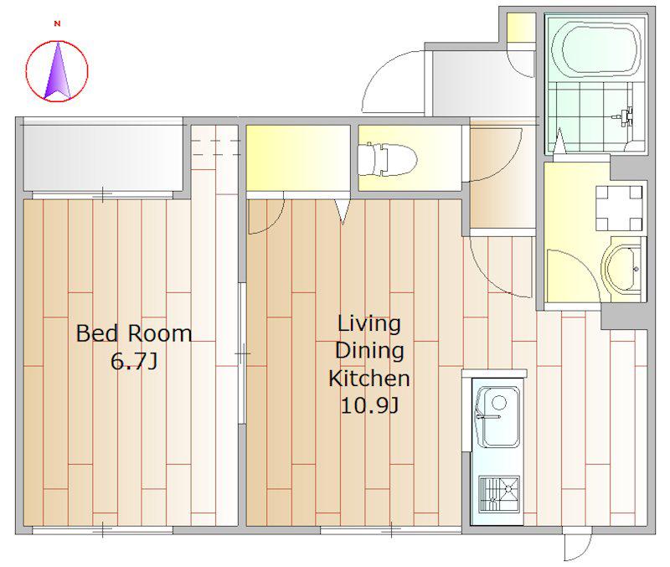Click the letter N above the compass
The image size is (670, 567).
(57, 24)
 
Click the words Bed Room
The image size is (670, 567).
(134, 333)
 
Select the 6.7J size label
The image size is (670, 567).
(134, 361)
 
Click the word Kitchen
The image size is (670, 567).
(369, 379)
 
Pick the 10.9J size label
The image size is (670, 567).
(369, 405)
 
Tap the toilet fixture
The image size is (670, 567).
(387, 160)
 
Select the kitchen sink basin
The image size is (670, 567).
(498, 416)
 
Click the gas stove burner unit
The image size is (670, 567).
(499, 494)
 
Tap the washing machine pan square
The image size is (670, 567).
(619, 208)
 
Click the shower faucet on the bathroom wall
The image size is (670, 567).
(624, 116)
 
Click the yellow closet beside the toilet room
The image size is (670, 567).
(298, 157)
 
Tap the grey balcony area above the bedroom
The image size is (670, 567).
(103, 157)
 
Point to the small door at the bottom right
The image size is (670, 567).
(578, 544)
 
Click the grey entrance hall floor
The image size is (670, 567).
(483, 84)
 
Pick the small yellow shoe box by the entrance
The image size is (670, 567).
(521, 28)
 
